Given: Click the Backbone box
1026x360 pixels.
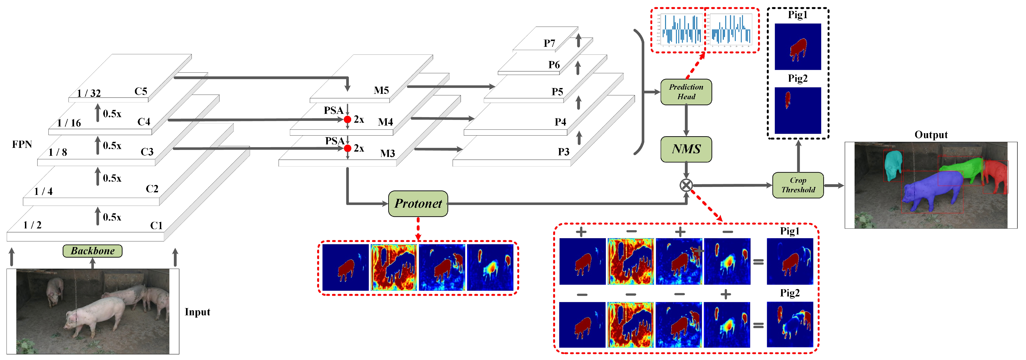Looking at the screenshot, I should coord(93,251).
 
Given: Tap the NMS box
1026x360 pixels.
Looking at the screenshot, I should coord(686,149).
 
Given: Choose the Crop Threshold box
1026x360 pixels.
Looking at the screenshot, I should coord(798,185).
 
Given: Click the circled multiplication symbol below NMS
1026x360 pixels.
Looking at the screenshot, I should coord(686,185).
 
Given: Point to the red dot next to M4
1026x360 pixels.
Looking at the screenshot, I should coord(347,119).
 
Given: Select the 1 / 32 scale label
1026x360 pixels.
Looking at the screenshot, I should coord(89,93).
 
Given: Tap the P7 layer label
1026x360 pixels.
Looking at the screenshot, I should coord(549,43).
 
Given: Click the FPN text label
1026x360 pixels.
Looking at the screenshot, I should coord(22,144).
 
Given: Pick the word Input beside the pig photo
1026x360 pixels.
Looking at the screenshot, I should coord(197,312).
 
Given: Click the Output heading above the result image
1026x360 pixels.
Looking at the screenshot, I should coord(931,135).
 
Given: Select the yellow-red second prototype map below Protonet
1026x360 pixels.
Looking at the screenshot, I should coord(394,267).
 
